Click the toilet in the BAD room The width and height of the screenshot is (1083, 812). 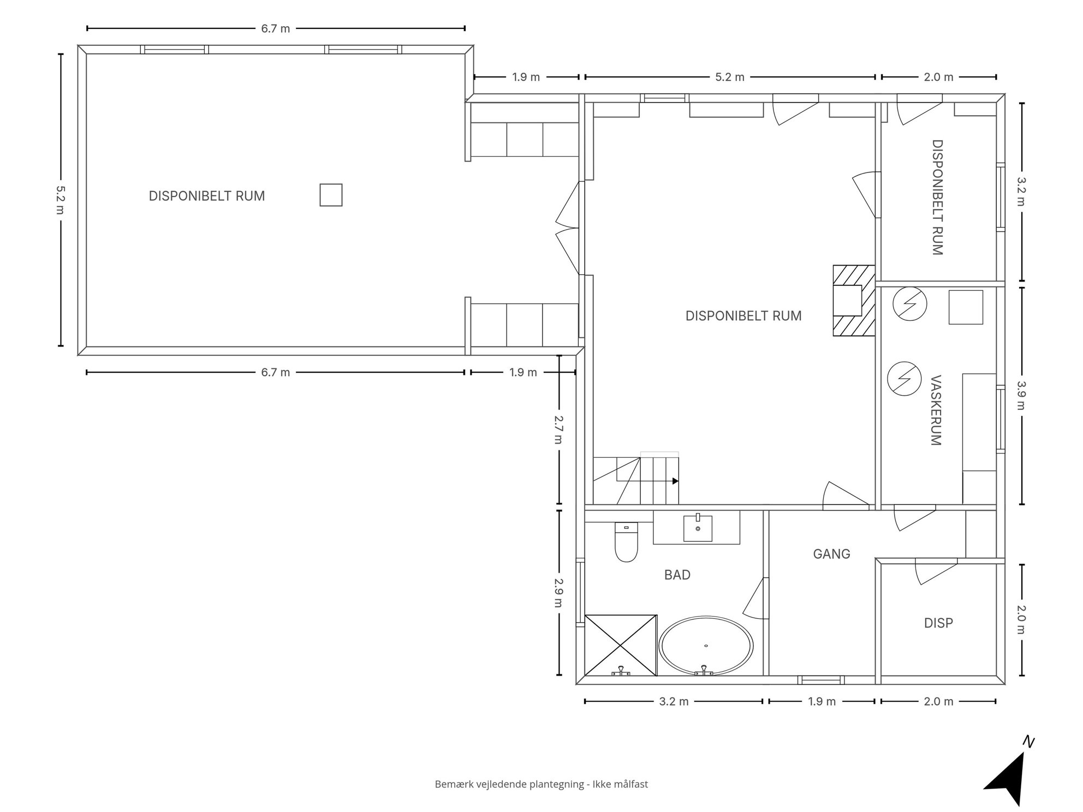(x=626, y=542)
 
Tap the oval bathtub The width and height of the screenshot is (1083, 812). (x=706, y=646)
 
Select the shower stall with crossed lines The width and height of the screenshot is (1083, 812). (x=621, y=645)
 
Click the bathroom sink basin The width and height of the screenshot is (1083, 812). (x=698, y=528)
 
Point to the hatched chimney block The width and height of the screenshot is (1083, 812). (x=854, y=300)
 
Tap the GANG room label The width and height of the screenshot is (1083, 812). (x=831, y=554)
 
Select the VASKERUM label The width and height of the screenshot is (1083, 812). (x=936, y=410)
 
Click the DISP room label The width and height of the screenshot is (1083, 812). (x=938, y=623)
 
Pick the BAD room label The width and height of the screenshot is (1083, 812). (x=677, y=575)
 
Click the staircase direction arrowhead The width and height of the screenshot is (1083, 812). (x=676, y=481)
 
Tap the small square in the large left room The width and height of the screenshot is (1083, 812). (x=331, y=195)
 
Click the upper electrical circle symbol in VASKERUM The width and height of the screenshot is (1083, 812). (x=909, y=303)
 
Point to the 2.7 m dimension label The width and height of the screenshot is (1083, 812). (x=558, y=429)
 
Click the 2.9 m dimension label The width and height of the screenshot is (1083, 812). (x=558, y=593)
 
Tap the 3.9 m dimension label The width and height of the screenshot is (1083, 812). (x=1021, y=395)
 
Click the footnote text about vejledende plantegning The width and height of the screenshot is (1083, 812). (x=541, y=784)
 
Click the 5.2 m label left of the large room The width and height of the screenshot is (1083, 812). (x=60, y=200)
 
